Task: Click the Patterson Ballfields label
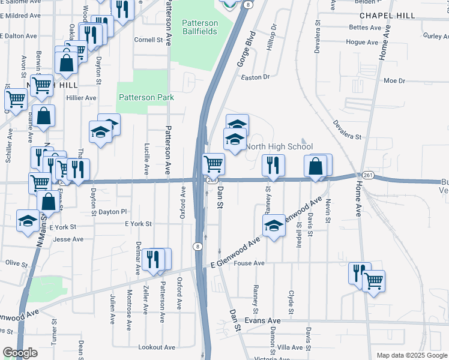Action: [200, 27]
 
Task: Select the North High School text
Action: [279, 146]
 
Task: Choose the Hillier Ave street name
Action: [82, 98]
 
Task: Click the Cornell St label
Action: [148, 40]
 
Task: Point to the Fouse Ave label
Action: [250, 263]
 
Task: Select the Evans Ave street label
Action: [267, 321]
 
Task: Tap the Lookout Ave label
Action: [156, 347]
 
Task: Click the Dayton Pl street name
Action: [113, 212]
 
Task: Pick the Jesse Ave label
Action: [68, 239]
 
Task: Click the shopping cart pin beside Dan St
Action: [214, 163]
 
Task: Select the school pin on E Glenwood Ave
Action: [274, 226]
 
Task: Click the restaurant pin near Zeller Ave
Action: [154, 259]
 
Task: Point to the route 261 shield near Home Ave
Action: [367, 175]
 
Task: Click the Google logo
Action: [20, 353]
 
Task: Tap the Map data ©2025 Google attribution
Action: [411, 355]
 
